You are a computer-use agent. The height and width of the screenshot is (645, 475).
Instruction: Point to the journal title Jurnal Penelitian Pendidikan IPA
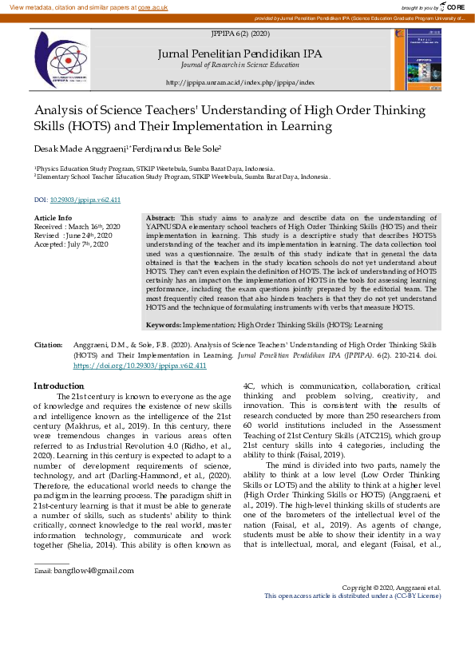click(239, 53)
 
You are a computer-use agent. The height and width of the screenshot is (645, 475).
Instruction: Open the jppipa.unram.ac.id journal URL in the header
click(240, 82)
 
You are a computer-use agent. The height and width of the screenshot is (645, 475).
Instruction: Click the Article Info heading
click(53, 218)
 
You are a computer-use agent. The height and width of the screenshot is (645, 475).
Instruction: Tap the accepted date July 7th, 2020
click(90, 244)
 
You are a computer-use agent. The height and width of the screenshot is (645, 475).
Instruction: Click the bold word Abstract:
click(161, 218)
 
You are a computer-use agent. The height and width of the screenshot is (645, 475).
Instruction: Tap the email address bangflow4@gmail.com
click(89, 571)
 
